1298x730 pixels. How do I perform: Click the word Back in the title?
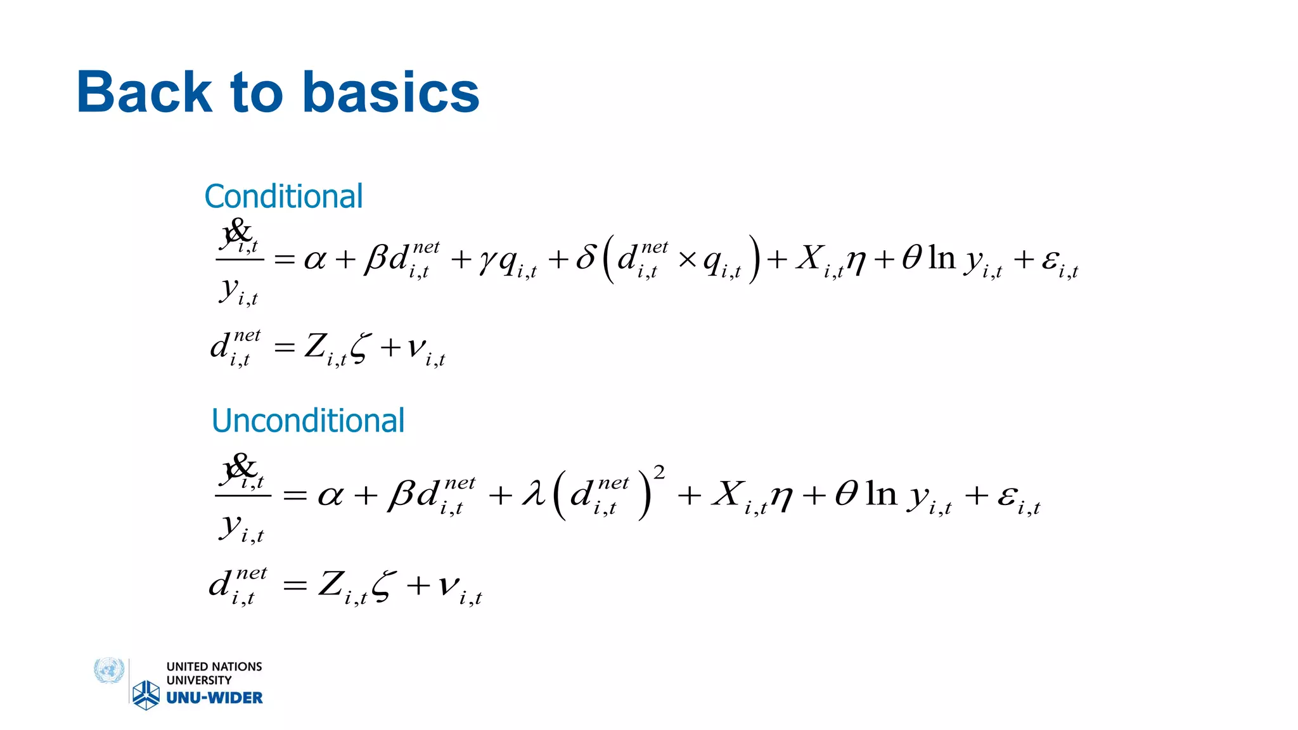pyautogui.click(x=144, y=93)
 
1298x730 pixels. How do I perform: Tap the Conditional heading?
pyautogui.click(x=283, y=196)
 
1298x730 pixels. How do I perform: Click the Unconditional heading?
pyautogui.click(x=308, y=421)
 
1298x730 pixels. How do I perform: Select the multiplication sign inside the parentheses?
pyautogui.click(x=688, y=259)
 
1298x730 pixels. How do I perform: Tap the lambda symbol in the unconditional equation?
pyautogui.click(x=534, y=494)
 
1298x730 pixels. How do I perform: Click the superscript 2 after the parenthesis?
pyautogui.click(x=659, y=472)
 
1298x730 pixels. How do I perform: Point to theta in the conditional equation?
pyautogui.click(x=911, y=257)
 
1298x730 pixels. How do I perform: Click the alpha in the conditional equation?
pyautogui.click(x=315, y=259)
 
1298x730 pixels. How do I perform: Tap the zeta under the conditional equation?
pyautogui.click(x=359, y=348)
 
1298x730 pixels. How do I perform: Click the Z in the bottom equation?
pyautogui.click(x=331, y=584)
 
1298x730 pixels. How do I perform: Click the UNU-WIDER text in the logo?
pyautogui.click(x=214, y=698)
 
